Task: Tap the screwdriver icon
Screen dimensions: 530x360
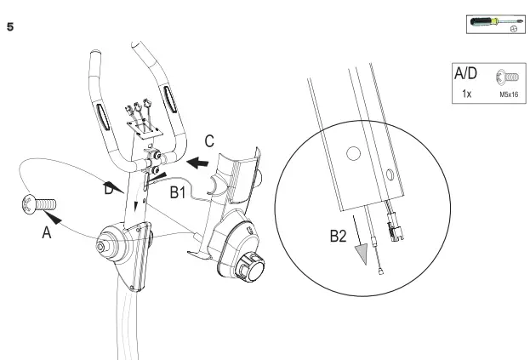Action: (492, 20)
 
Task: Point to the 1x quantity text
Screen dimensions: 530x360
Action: (466, 94)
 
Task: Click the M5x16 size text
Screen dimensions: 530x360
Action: (509, 95)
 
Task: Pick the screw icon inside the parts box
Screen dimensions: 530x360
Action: (508, 77)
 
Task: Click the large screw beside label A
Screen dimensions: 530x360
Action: (40, 204)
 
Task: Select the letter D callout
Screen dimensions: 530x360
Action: (108, 191)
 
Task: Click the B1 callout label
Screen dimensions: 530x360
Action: (177, 193)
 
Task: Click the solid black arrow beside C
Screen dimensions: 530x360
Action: (197, 161)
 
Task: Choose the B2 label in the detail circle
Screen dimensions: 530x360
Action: (340, 236)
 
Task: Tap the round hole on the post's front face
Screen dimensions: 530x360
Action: (350, 154)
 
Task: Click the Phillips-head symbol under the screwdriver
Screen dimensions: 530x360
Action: (513, 27)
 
